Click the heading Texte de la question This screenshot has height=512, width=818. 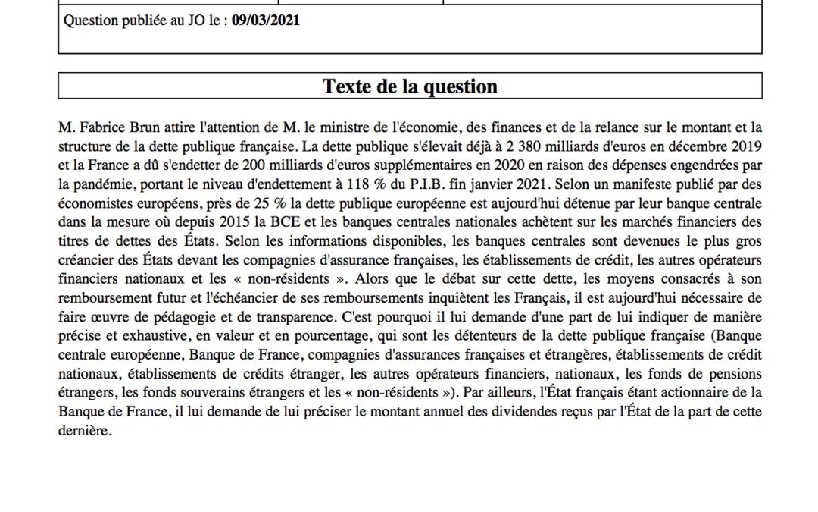410,86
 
